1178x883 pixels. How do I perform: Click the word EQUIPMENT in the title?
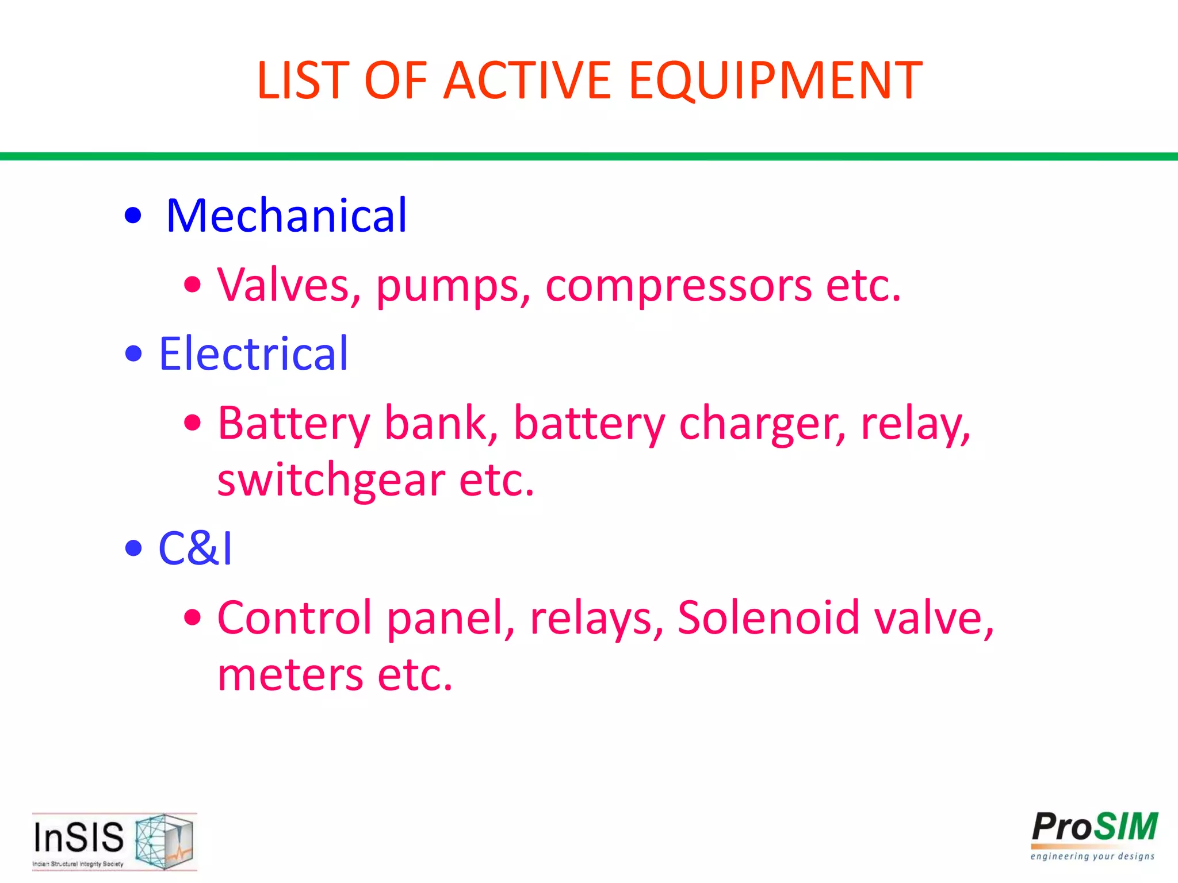(775, 81)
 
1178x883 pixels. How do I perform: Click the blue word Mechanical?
(286, 216)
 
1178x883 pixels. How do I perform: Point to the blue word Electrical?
(253, 354)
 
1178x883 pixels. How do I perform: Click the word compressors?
(679, 286)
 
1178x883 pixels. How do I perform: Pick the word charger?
(763, 424)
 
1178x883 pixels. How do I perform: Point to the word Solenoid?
(768, 618)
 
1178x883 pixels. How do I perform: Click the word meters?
(290, 675)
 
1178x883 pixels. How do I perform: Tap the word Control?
(295, 618)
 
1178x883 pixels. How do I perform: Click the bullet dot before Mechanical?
(133, 216)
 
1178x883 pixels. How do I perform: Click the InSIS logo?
(114, 841)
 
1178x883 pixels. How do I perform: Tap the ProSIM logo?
(1093, 835)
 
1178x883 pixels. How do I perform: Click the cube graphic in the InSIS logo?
(164, 840)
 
